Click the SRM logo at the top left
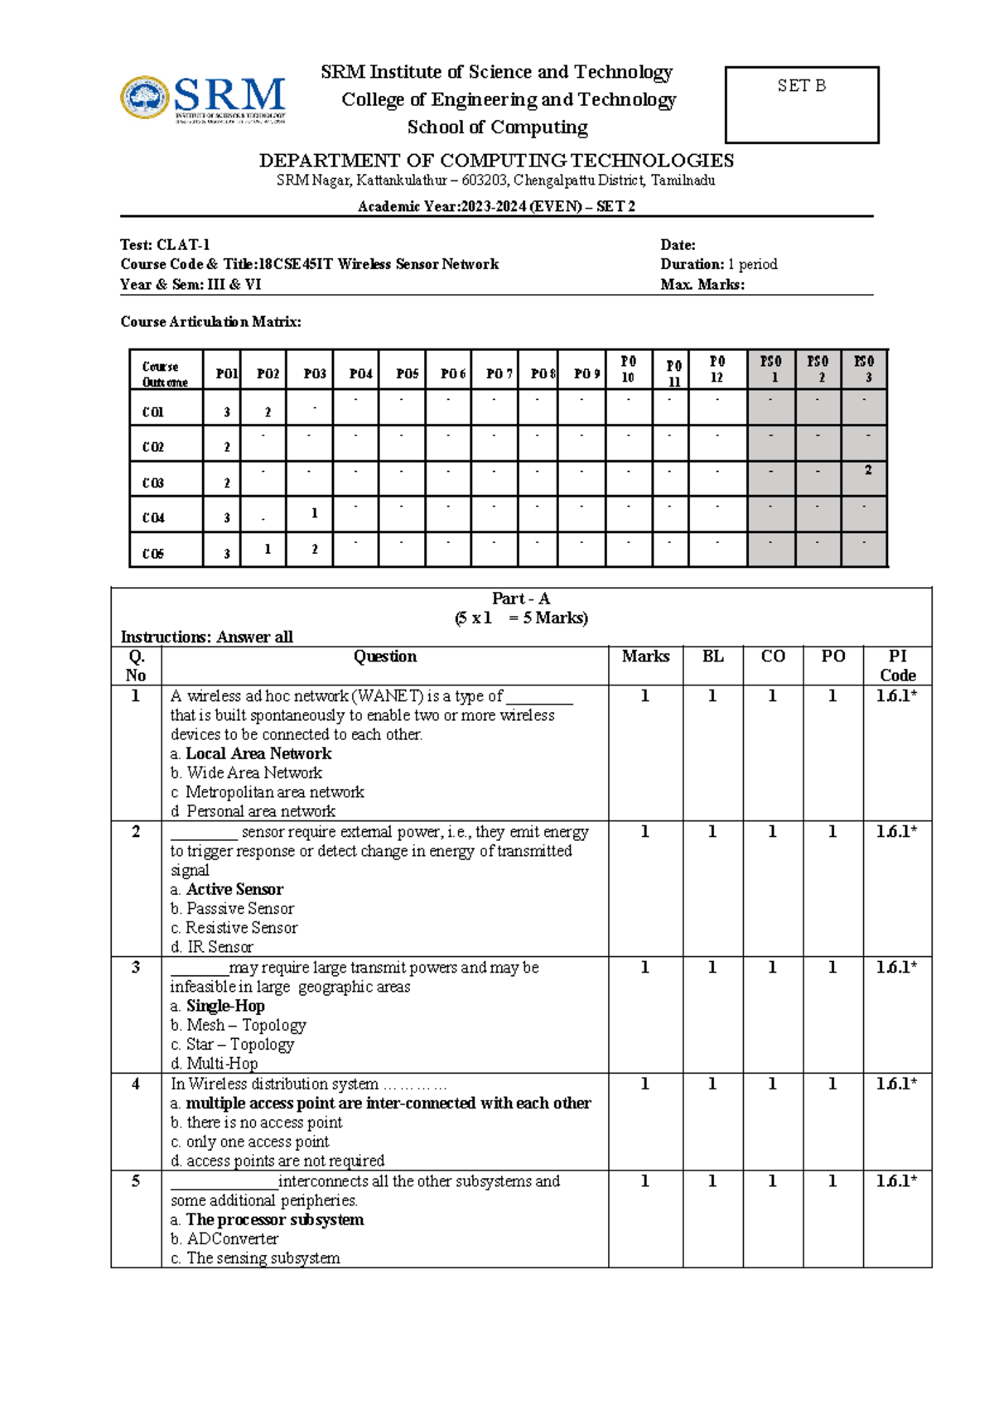point(204,99)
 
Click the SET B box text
point(801,86)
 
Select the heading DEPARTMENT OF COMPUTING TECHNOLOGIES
point(496,160)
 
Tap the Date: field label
point(678,245)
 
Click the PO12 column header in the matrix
point(717,369)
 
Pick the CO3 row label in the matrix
point(153,483)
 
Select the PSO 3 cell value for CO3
point(867,470)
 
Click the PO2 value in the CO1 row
point(268,411)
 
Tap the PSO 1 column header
point(771,369)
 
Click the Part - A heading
point(520,599)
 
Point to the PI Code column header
point(897,666)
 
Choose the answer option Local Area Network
point(258,754)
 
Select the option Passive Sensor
point(239,909)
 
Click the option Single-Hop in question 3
point(225,1006)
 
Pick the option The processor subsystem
point(274,1219)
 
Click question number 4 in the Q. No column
point(136,1084)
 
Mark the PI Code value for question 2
point(896,832)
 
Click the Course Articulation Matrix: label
point(210,322)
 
